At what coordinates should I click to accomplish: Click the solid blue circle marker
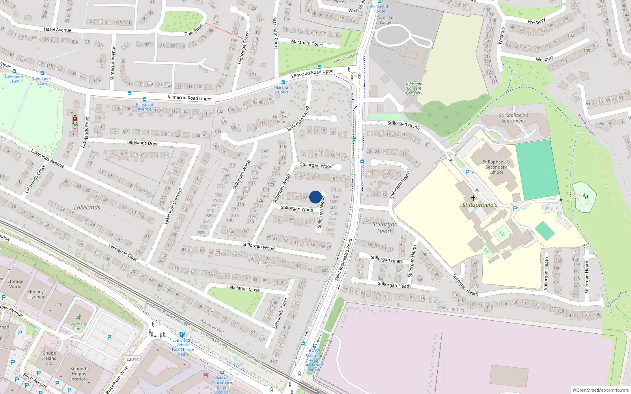click(x=315, y=197)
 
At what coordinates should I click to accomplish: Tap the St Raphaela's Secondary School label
click(x=496, y=167)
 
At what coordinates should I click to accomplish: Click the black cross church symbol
click(x=473, y=198)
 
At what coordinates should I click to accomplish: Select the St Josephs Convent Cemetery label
click(x=414, y=88)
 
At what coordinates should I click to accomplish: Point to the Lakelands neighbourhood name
click(x=87, y=207)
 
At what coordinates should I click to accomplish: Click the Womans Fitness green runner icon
click(x=79, y=317)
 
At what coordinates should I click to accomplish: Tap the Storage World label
click(x=15, y=284)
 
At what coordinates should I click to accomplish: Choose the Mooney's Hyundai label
click(x=37, y=294)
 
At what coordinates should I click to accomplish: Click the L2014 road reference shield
click(x=133, y=359)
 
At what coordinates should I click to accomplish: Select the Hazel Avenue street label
click(x=58, y=30)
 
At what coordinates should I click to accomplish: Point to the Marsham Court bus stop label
click(x=283, y=90)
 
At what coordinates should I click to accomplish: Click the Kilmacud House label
click(x=379, y=9)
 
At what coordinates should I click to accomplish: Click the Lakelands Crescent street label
click(x=173, y=206)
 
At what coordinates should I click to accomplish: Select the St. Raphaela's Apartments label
click(x=513, y=118)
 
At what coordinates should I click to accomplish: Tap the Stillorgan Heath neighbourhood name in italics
click(x=385, y=228)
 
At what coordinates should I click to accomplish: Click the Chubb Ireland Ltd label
click(x=49, y=358)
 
